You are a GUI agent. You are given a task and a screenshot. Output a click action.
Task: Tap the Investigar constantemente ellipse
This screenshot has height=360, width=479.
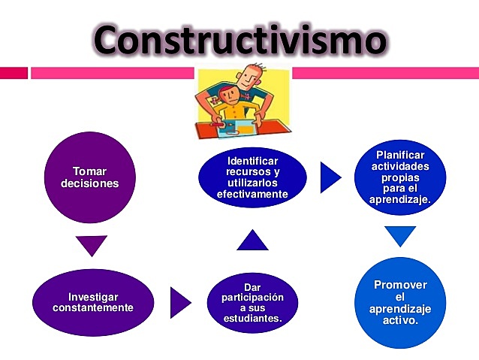point(93,302)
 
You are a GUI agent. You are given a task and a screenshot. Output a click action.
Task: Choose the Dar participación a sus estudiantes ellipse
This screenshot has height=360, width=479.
point(252,303)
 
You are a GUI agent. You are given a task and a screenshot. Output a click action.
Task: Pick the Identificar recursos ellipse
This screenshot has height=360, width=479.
point(252,178)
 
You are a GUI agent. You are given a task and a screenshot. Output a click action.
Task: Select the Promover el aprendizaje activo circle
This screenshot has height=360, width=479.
point(401,302)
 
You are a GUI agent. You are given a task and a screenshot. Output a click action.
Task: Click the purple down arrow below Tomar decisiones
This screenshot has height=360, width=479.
point(92,245)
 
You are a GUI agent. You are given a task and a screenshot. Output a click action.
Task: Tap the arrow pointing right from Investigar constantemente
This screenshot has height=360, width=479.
point(180,303)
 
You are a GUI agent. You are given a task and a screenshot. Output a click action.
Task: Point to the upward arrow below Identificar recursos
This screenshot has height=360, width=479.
point(252,241)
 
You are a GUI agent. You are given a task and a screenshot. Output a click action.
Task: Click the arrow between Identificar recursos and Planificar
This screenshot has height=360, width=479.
point(329,177)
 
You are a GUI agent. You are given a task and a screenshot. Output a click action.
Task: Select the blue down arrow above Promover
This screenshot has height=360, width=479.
point(401,235)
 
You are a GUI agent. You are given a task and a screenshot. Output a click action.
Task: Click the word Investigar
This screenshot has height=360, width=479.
point(93,297)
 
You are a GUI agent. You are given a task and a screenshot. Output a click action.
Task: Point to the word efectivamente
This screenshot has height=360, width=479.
point(252,194)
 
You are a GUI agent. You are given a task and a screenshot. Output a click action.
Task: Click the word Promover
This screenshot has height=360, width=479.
point(401,285)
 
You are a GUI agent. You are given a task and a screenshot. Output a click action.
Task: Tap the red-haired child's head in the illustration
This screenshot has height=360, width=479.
point(226,95)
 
